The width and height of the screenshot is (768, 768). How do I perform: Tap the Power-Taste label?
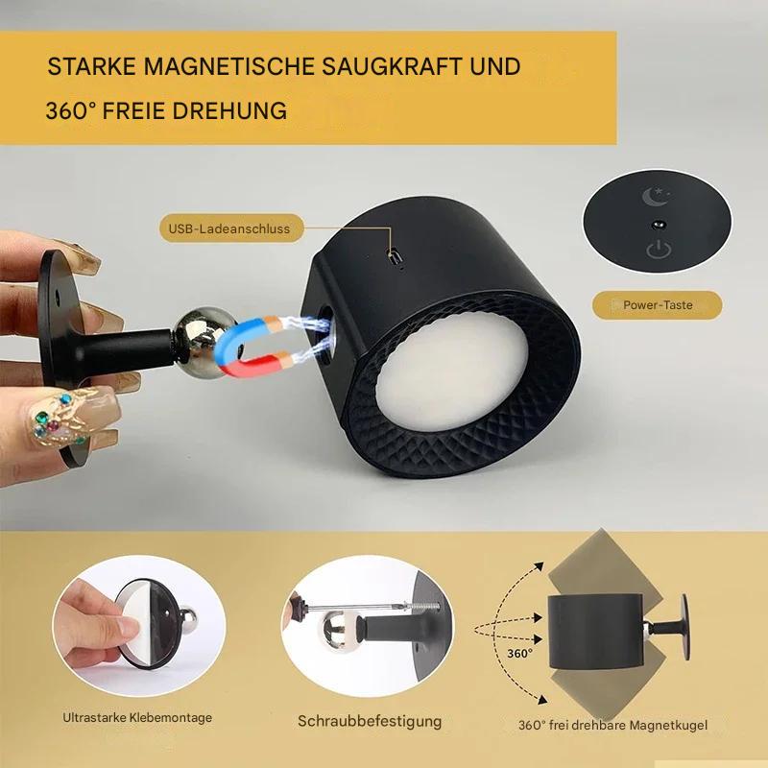658,305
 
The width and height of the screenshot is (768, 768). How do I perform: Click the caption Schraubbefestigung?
370,721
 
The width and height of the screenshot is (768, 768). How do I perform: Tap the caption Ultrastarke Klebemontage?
137,717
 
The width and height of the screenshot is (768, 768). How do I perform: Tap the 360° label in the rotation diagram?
519,652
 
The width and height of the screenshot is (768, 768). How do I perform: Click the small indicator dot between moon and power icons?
658,223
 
